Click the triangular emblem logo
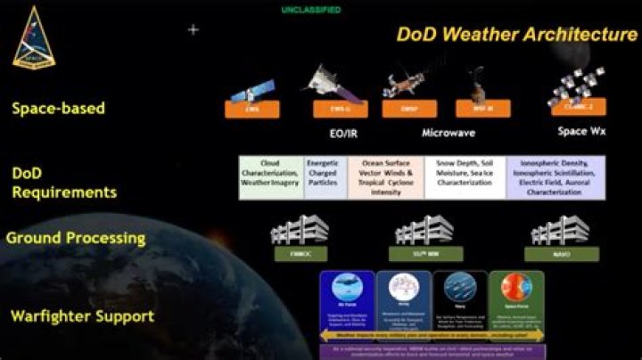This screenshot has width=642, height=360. [33, 37]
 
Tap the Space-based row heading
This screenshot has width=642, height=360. [58, 109]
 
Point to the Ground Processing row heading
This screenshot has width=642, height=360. [75, 239]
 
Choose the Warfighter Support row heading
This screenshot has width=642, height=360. [82, 316]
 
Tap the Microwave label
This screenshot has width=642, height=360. [449, 134]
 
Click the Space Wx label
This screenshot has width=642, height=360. [585, 134]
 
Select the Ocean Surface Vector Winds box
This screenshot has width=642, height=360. [385, 176]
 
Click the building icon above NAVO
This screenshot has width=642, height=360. [560, 230]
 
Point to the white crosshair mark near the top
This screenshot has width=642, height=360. [193, 29]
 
